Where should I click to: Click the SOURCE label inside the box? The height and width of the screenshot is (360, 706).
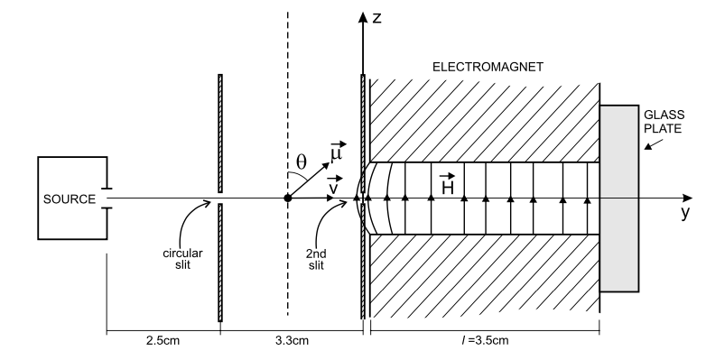[70, 198]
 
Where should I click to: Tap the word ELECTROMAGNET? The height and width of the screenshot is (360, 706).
[488, 67]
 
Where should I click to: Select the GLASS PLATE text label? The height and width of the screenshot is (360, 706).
[664, 122]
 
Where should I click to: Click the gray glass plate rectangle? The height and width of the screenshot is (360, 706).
[619, 198]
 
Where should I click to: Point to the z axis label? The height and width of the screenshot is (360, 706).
[377, 18]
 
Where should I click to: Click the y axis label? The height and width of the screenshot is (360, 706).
[685, 212]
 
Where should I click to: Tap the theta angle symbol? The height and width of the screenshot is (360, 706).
[302, 162]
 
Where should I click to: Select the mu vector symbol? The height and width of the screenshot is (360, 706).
[338, 152]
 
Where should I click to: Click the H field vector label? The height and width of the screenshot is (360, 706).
[447, 184]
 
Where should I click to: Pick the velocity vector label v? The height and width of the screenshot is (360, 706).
[335, 185]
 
